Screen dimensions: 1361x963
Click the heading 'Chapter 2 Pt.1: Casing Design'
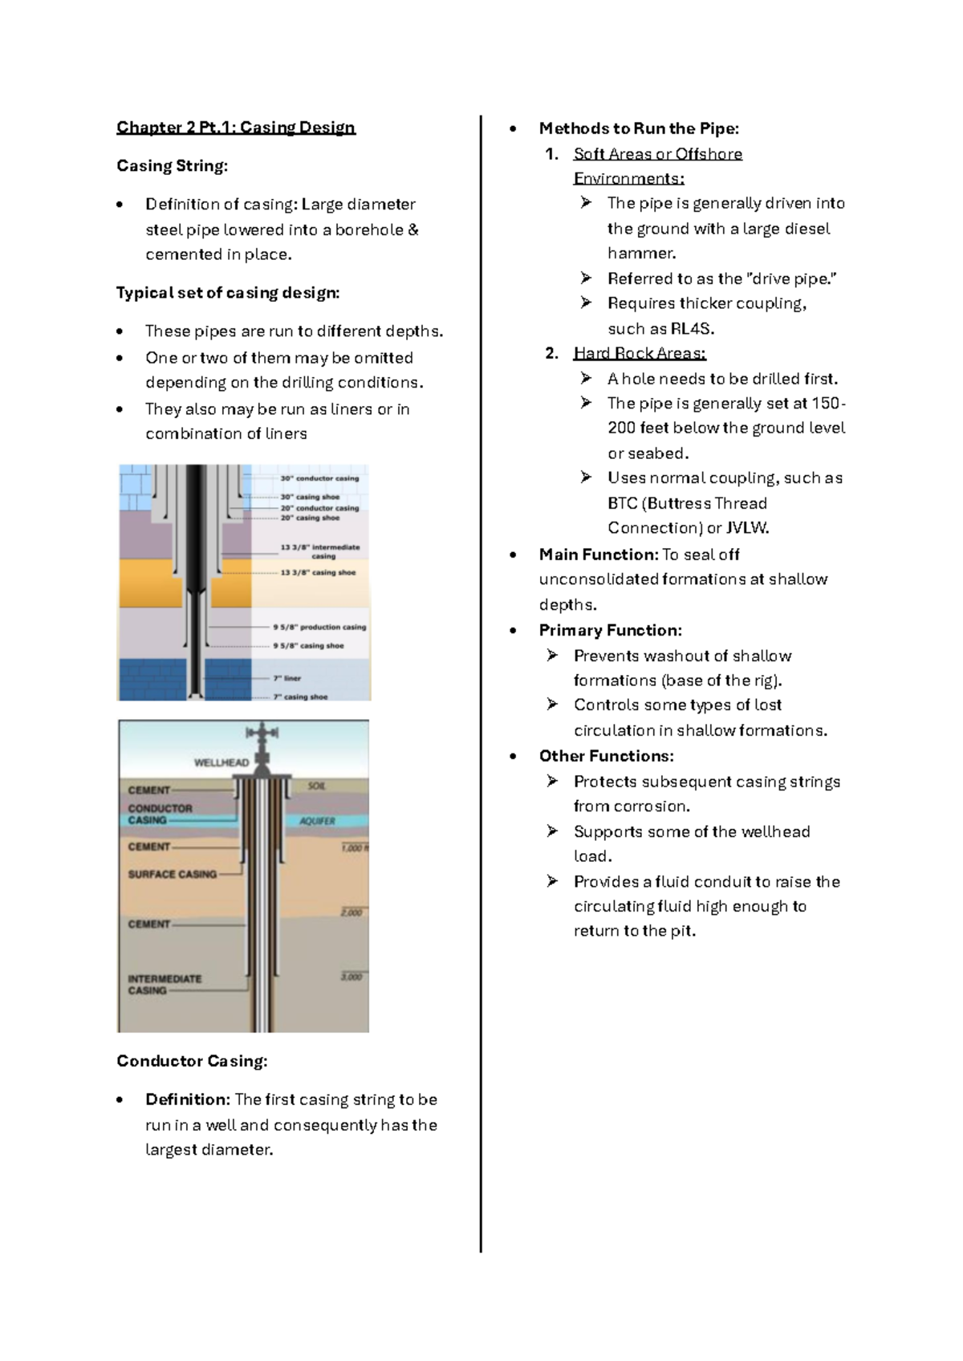(x=236, y=128)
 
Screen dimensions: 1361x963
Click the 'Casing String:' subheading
(x=172, y=166)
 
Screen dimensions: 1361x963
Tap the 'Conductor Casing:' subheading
(x=192, y=1061)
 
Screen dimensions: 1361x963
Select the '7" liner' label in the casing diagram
(x=287, y=678)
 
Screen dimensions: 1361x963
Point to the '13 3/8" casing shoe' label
(x=318, y=572)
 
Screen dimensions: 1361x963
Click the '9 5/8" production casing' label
(x=319, y=627)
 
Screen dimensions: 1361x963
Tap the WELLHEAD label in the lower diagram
(x=221, y=762)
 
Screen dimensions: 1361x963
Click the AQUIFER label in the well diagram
(x=318, y=821)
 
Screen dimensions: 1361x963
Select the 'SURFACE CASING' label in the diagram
(x=173, y=874)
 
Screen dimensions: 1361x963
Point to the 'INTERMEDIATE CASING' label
(x=165, y=984)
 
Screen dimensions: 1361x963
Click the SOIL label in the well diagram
(x=317, y=786)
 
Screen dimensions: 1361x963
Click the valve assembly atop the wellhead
(x=262, y=733)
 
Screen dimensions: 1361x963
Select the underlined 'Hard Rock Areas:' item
(x=640, y=353)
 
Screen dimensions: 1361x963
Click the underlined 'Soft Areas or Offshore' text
(x=658, y=154)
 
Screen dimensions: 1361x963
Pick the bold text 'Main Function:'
(x=599, y=555)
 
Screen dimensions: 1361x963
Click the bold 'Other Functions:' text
(x=606, y=756)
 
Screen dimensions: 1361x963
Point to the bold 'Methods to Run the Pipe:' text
(x=639, y=128)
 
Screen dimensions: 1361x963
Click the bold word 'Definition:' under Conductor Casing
(x=188, y=1099)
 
